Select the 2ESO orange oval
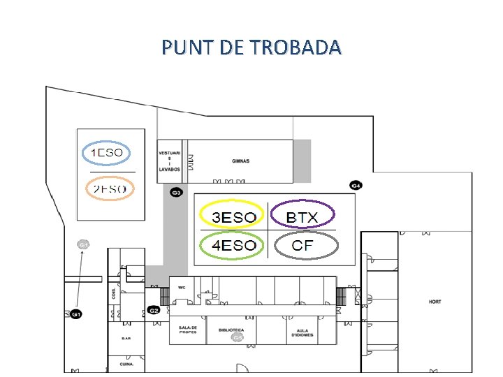(110, 188)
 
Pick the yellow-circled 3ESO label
(233, 217)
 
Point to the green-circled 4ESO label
(233, 245)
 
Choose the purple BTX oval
(302, 217)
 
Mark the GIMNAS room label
(241, 161)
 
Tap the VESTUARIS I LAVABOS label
(170, 161)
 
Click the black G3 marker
(177, 192)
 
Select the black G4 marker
(356, 186)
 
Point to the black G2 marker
(154, 310)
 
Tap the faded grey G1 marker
(83, 244)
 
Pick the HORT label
(435, 302)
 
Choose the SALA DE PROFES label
(187, 330)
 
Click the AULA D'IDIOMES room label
(302, 332)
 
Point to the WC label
(181, 287)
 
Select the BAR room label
(126, 339)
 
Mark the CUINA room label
(126, 364)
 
